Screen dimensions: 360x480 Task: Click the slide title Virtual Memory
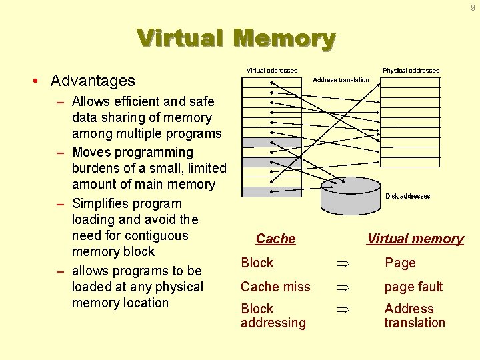pos(236,39)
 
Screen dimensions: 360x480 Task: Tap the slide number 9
pos(472,8)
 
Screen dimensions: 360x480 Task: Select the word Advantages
pos(93,81)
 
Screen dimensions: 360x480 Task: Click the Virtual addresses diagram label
pos(272,70)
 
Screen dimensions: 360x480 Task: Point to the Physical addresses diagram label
pos(411,70)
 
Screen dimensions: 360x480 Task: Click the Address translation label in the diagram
pos(341,80)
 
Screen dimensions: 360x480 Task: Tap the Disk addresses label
pos(408,196)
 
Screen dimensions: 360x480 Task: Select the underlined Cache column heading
pos(275,239)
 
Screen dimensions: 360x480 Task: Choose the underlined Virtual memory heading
pos(415,239)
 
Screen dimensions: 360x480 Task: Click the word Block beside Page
pos(257,263)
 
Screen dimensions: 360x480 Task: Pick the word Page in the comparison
pos(400,263)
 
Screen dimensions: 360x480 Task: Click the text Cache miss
pos(275,287)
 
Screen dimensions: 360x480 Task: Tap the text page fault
pos(413,287)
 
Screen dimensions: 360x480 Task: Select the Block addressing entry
pos(273,315)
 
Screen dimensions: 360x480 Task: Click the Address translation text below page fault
pos(414,315)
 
